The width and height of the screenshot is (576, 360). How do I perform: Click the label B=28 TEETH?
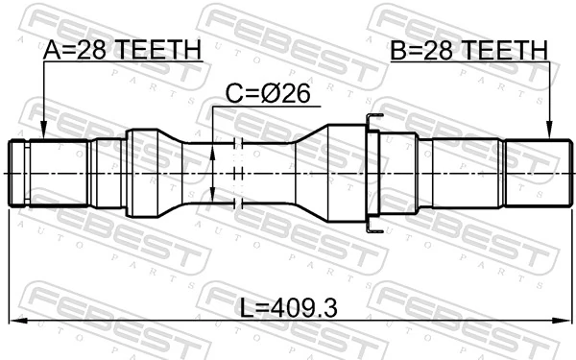(x=468, y=49)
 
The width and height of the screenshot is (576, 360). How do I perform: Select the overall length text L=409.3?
(x=288, y=309)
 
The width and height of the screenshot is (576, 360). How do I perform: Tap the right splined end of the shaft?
(x=533, y=172)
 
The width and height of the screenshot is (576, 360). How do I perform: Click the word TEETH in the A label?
(x=162, y=49)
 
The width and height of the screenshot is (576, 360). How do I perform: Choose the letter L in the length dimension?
(x=246, y=309)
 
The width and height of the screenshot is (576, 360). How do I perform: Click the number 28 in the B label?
(x=445, y=49)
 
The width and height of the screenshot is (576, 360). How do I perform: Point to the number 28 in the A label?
(x=100, y=49)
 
